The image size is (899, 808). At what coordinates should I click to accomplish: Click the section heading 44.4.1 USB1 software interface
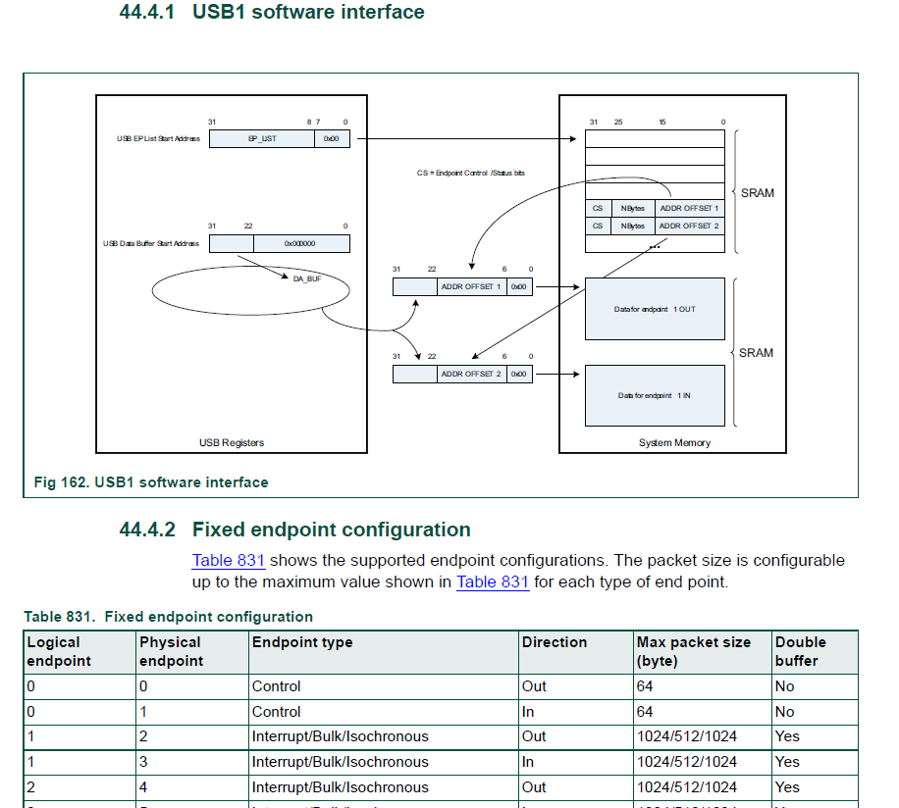click(272, 13)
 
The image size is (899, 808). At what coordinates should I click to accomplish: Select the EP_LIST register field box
click(262, 139)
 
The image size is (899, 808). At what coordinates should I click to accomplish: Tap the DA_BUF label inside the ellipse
click(307, 279)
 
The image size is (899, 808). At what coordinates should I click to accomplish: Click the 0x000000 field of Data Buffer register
click(300, 243)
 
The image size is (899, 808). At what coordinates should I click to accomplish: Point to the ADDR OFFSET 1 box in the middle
click(470, 287)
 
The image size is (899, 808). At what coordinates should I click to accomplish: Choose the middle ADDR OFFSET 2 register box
click(470, 374)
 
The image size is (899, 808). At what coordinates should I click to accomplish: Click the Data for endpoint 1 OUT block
click(655, 310)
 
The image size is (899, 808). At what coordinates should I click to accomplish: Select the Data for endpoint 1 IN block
click(655, 395)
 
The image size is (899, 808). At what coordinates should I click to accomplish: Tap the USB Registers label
click(232, 442)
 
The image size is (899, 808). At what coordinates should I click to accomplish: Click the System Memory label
click(674, 442)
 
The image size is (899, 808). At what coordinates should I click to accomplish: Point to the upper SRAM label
click(757, 193)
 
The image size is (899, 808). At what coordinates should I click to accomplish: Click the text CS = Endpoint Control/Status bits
click(470, 173)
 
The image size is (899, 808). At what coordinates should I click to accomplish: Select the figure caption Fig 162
click(150, 482)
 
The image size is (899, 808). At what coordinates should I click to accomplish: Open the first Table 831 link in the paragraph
click(228, 561)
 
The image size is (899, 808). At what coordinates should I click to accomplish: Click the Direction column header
click(555, 642)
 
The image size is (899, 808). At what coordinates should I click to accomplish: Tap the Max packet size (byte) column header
click(693, 651)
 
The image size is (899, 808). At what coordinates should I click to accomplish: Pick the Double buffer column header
click(801, 651)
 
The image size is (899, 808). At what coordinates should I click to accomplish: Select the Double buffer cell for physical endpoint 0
click(784, 686)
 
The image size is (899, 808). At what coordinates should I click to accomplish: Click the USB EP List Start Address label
click(158, 139)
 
